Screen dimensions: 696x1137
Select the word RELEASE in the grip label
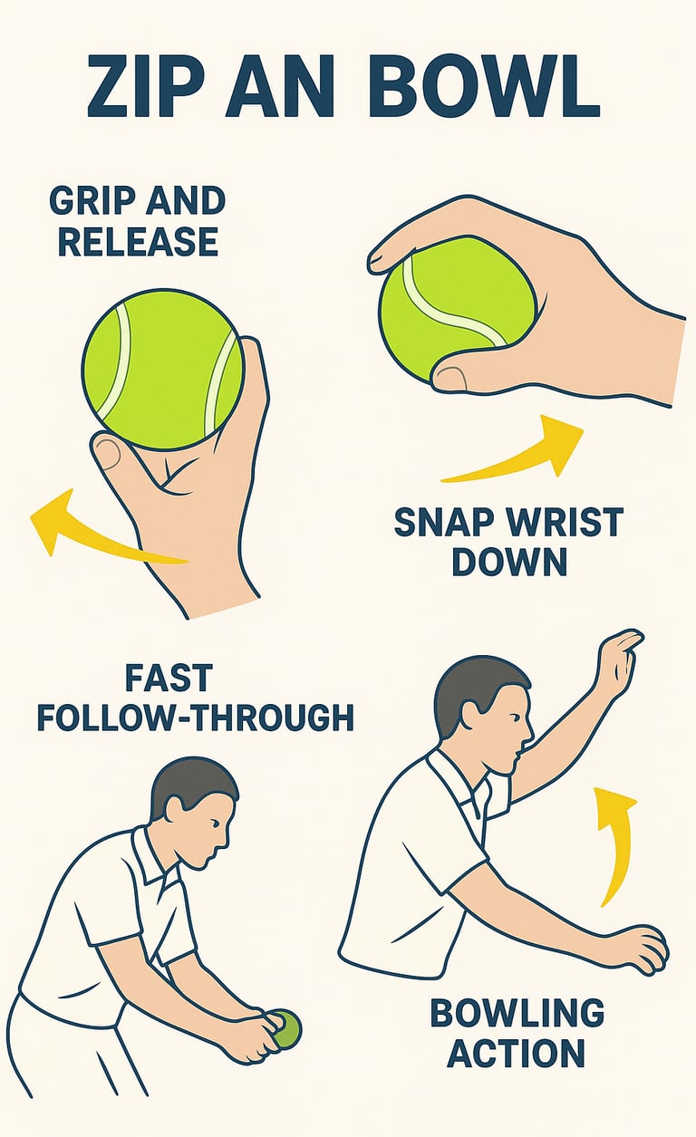click(138, 241)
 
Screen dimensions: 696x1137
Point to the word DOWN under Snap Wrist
click(509, 562)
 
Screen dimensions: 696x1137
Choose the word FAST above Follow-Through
click(169, 678)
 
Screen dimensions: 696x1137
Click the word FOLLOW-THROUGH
click(196, 718)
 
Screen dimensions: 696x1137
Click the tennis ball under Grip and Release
click(163, 369)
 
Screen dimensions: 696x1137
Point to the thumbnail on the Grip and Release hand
click(108, 453)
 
